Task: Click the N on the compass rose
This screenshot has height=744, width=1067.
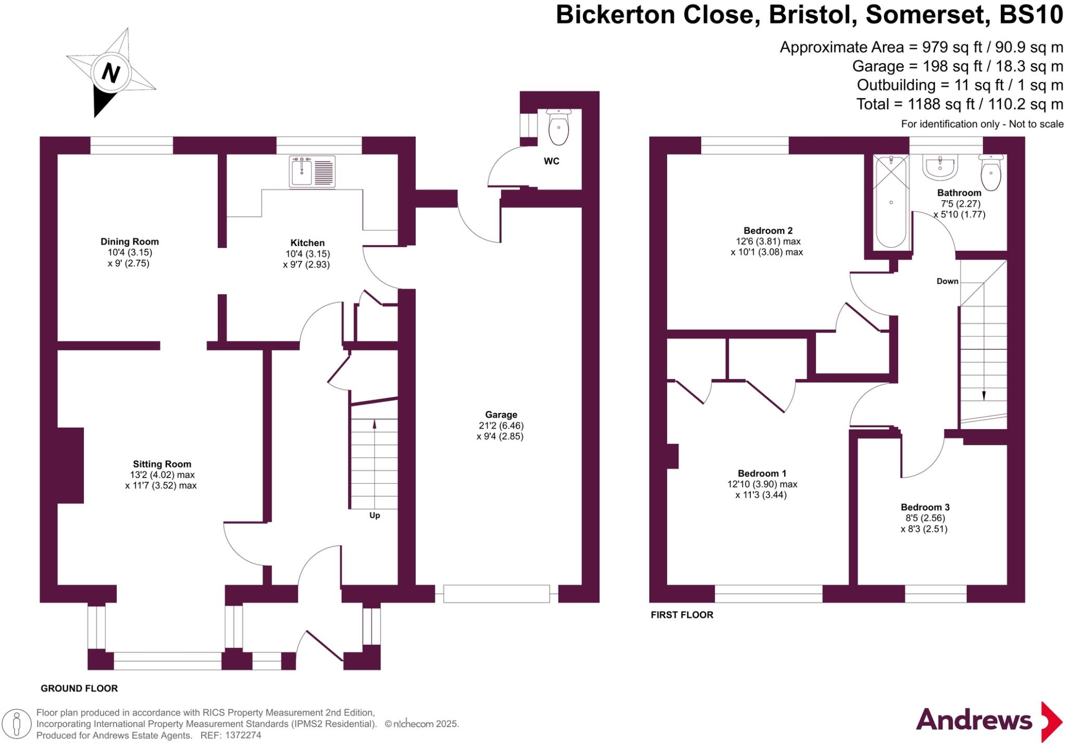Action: click(110, 72)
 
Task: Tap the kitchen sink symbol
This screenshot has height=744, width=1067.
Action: click(312, 172)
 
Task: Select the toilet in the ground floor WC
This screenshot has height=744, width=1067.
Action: click(559, 127)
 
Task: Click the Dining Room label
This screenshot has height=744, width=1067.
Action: click(129, 241)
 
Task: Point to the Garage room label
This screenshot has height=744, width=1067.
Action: click(501, 414)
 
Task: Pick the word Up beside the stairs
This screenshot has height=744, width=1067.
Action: click(375, 515)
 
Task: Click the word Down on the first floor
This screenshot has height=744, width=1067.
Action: click(947, 281)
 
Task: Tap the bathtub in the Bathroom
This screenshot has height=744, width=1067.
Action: click(891, 202)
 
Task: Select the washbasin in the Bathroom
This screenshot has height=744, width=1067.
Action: click(940, 166)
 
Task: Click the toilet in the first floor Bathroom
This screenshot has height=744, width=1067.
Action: click(990, 173)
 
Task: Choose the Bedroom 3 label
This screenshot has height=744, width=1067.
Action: click(925, 507)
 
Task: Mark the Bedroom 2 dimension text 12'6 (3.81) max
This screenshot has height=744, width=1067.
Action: click(767, 241)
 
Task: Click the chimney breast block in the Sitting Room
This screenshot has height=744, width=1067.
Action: click(70, 465)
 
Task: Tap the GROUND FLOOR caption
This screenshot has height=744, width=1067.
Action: click(79, 688)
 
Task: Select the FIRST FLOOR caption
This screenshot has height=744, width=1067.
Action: click(681, 615)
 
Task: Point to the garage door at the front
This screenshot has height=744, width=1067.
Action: click(496, 594)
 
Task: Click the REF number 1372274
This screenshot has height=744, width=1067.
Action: click(243, 735)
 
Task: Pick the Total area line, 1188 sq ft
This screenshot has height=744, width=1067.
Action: click(959, 104)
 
